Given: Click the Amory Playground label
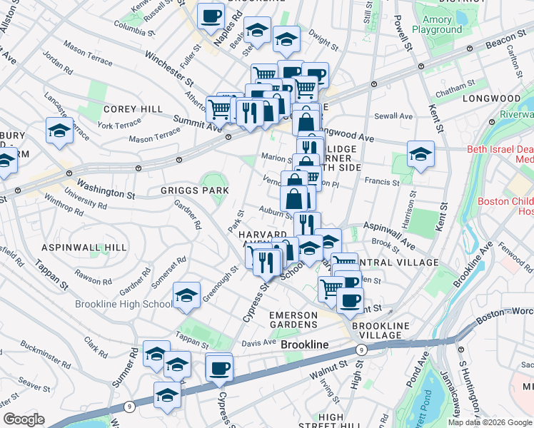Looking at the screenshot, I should (x=438, y=24).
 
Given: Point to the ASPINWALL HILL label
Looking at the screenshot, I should (x=84, y=247).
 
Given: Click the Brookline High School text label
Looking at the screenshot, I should (x=124, y=304).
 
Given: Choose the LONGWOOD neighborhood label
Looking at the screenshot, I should (x=491, y=98).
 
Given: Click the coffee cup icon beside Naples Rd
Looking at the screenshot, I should (x=212, y=15).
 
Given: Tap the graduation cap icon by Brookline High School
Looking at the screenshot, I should (x=186, y=296).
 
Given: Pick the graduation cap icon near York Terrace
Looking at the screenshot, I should (x=59, y=130).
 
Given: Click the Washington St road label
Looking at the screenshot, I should (x=106, y=188).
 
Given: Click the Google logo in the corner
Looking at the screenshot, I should (x=24, y=419).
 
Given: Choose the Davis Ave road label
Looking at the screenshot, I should (x=258, y=342).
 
